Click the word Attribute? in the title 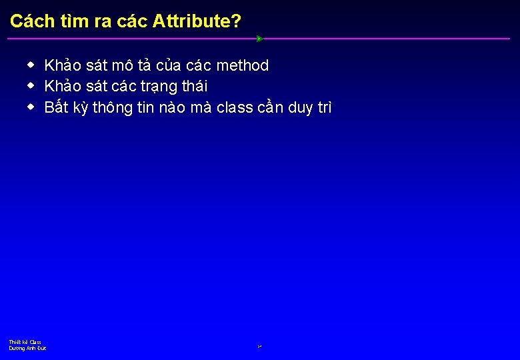point(197,21)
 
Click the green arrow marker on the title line point(259,39)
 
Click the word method point(243,65)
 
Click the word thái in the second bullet point(194,87)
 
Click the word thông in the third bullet point(113,108)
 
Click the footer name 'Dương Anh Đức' point(27,348)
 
